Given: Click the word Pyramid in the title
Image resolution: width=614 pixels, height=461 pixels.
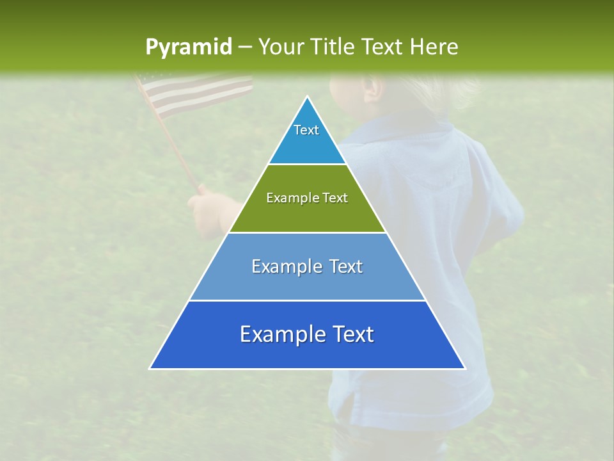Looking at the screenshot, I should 188,47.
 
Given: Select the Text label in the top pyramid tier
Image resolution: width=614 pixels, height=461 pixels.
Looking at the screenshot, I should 306,130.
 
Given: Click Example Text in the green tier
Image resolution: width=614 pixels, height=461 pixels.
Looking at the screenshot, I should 307,198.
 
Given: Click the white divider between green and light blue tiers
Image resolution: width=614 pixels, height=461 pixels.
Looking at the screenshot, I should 307,232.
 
